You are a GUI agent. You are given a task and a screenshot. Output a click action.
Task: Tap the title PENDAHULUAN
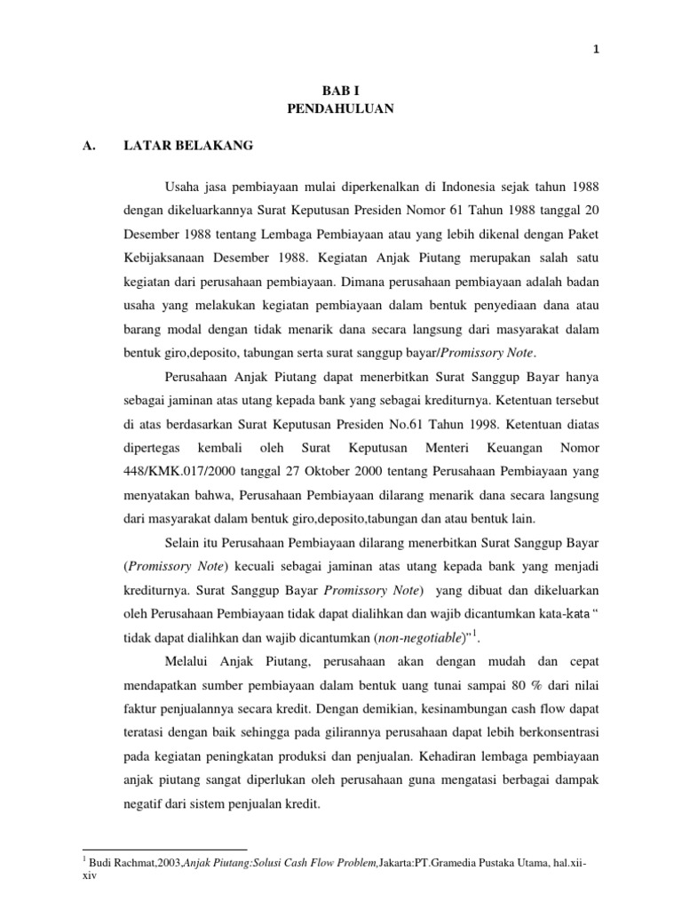click(x=341, y=109)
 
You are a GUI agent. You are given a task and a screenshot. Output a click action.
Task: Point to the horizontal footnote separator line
click(x=163, y=850)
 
